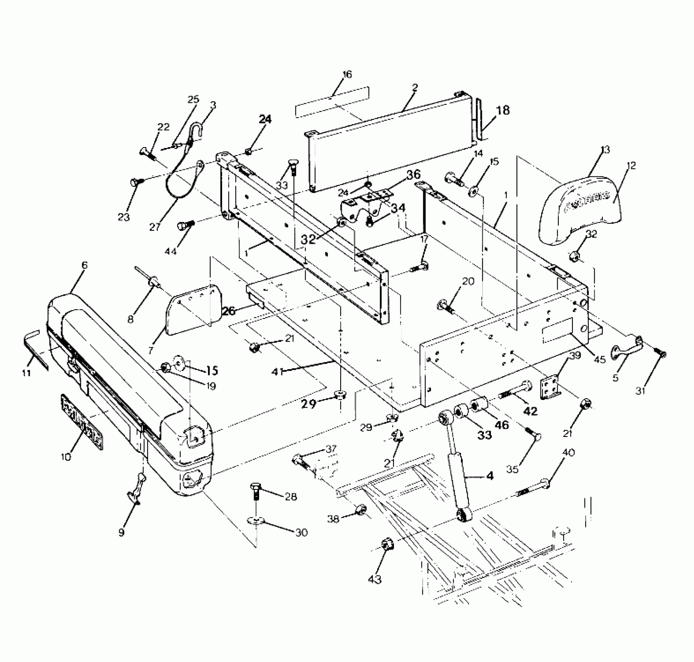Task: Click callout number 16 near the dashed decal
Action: pyautogui.click(x=347, y=74)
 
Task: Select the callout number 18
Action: pyautogui.click(x=503, y=110)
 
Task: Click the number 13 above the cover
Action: pyautogui.click(x=605, y=150)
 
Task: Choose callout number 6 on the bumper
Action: pyautogui.click(x=84, y=265)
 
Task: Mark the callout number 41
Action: pyautogui.click(x=278, y=372)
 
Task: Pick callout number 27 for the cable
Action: pyautogui.click(x=155, y=227)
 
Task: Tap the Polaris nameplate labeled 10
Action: pyautogui.click(x=82, y=422)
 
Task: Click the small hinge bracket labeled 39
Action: pyautogui.click(x=549, y=388)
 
